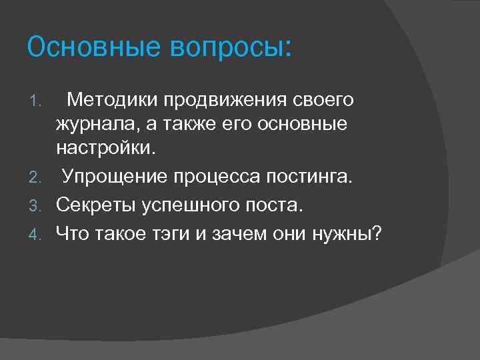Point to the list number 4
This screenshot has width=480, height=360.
39,234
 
